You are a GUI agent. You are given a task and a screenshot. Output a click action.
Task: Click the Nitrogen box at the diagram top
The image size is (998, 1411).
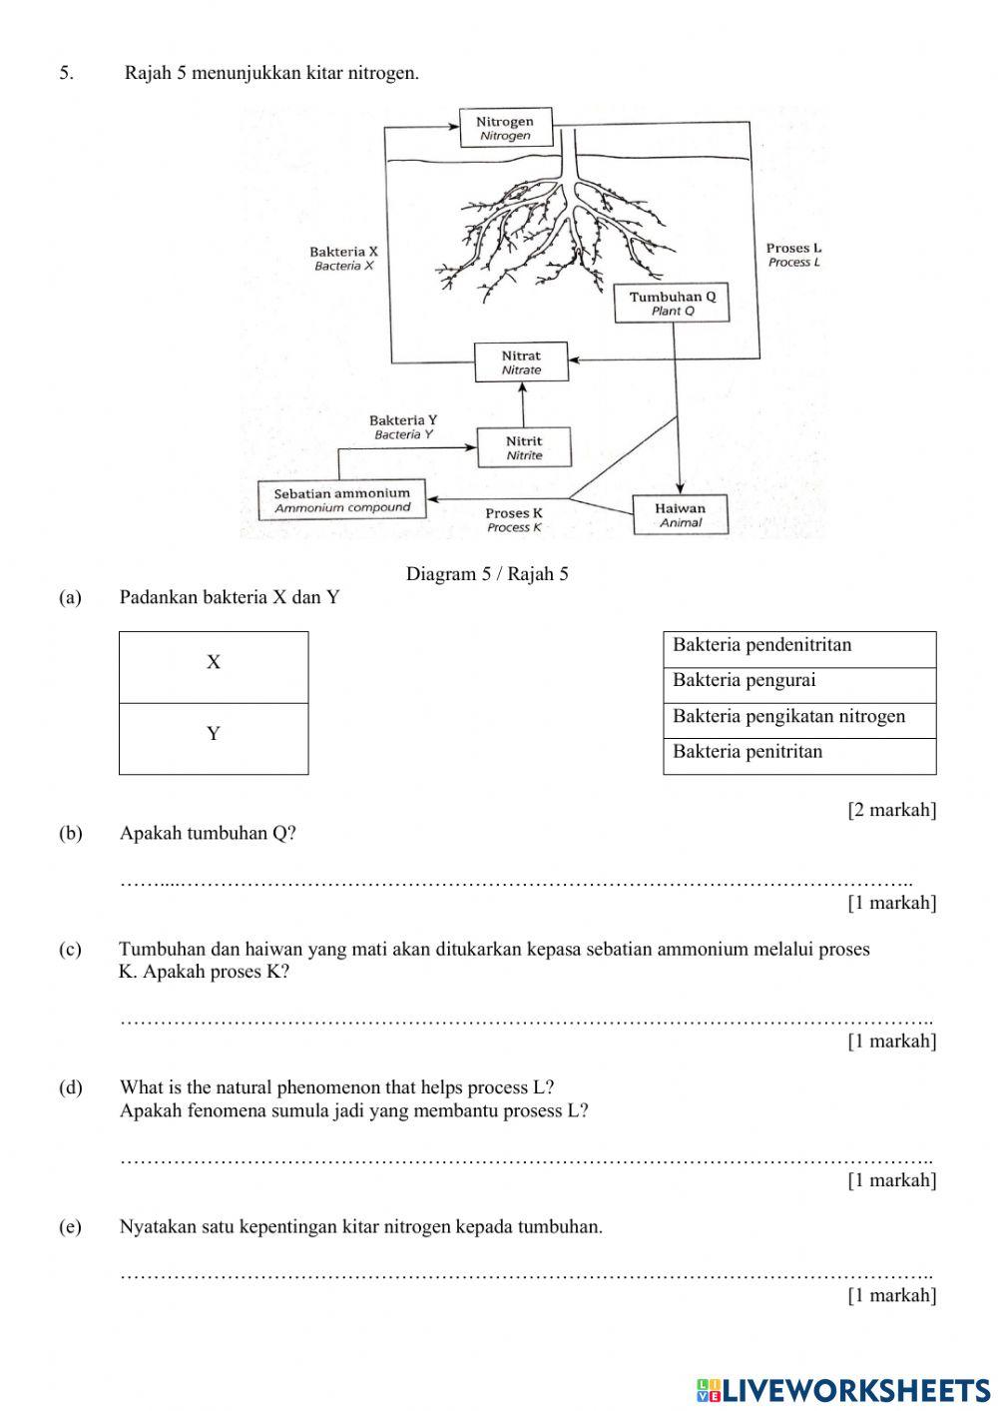(x=505, y=128)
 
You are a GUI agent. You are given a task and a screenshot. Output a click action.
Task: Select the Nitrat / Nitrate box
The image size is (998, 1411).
(x=521, y=361)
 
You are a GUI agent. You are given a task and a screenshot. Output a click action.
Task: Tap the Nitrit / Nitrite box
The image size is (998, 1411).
(x=524, y=447)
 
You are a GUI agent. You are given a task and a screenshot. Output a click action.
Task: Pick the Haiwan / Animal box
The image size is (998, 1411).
(x=680, y=514)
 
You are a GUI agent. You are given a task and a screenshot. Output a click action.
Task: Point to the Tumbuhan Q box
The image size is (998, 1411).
(x=672, y=303)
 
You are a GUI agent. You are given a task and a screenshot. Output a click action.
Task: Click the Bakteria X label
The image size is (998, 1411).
(x=343, y=259)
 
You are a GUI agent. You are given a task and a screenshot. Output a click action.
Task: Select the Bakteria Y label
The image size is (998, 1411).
(x=403, y=427)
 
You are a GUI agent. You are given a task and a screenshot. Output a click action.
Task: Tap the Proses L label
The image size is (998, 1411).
(x=793, y=255)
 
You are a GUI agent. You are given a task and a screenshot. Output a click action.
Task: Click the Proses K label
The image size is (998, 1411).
(x=514, y=519)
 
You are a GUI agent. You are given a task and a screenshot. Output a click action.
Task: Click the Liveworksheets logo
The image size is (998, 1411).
(x=843, y=1389)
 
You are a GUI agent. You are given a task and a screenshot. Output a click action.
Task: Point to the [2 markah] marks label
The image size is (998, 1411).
(x=891, y=810)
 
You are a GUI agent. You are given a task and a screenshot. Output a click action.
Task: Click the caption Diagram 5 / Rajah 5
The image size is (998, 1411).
(x=487, y=574)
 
